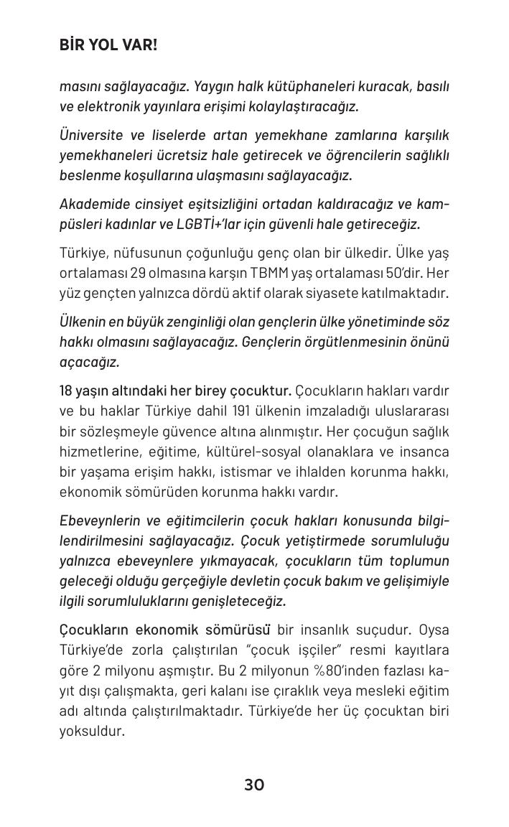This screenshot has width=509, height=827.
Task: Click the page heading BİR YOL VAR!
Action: (108, 45)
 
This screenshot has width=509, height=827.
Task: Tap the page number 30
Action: (254, 785)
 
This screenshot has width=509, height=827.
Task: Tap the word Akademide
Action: (93, 204)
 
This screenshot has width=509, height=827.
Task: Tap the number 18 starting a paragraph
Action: (67, 391)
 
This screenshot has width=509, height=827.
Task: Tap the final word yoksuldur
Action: (92, 731)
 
